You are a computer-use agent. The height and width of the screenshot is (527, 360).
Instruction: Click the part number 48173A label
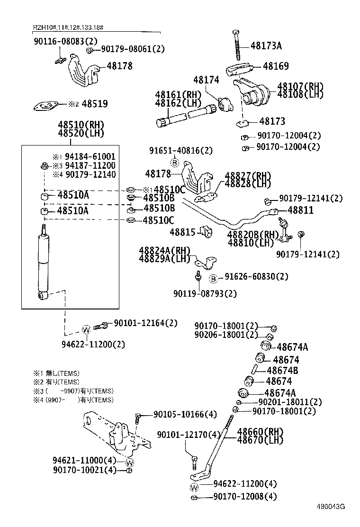(x=266, y=46)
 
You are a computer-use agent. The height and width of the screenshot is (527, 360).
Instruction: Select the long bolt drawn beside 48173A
(x=236, y=45)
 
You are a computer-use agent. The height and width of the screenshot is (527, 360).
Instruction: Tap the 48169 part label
(x=276, y=66)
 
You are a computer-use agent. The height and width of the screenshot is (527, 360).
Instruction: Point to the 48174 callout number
(x=206, y=80)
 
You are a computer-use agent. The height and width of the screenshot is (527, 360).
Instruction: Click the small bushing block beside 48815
(x=206, y=232)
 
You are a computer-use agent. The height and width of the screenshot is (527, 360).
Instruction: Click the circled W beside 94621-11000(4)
(x=130, y=462)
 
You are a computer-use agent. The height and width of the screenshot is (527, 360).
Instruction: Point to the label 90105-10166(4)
(x=185, y=415)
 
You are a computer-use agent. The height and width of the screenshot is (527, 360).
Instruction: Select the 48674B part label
(x=282, y=371)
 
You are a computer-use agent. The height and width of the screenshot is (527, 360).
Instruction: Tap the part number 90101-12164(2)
(x=145, y=323)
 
